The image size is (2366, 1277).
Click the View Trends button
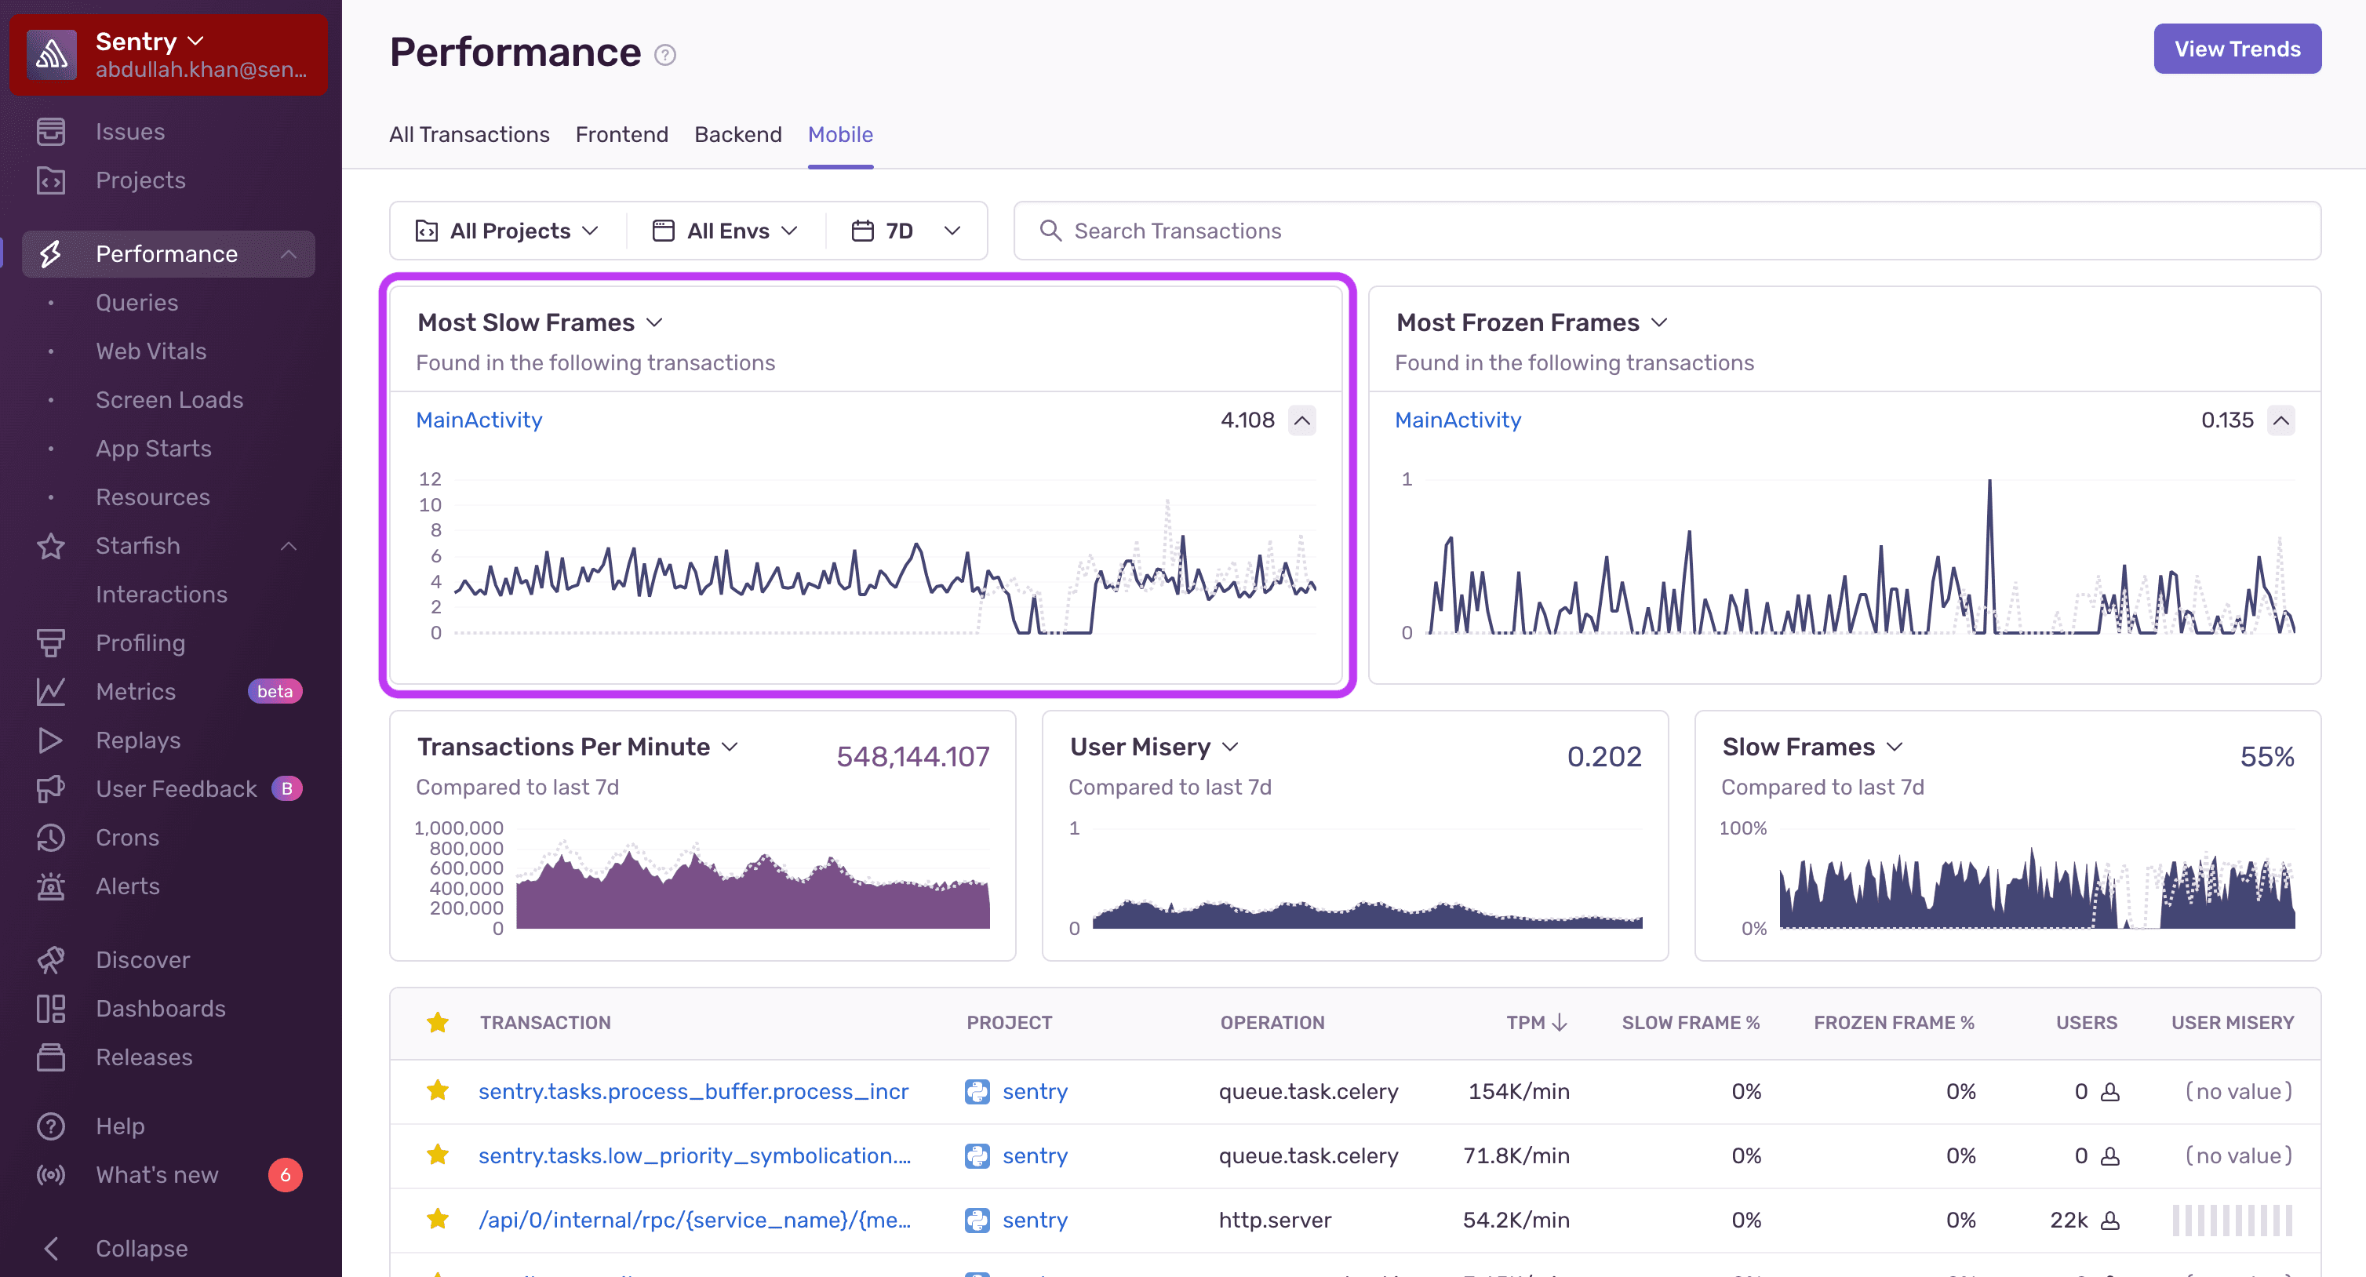click(x=2237, y=49)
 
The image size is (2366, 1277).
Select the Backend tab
click(x=737, y=134)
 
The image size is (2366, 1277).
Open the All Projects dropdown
click(x=507, y=231)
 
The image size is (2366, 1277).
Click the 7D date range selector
click(x=905, y=231)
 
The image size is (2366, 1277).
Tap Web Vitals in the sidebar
click(x=151, y=351)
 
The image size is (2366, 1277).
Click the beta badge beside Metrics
click(x=275, y=691)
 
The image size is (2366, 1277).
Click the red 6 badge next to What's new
click(x=285, y=1174)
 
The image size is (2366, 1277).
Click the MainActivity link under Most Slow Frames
click(x=479, y=420)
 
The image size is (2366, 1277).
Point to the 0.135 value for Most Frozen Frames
click(x=2226, y=420)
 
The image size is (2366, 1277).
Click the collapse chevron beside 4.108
click(x=1301, y=420)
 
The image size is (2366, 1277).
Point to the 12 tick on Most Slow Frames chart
click(x=430, y=478)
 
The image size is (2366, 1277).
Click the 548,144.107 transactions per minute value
click(x=912, y=756)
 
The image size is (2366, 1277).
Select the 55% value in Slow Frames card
click(x=2266, y=756)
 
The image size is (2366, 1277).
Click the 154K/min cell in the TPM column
click(x=1518, y=1090)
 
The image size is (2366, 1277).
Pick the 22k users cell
click(x=2069, y=1219)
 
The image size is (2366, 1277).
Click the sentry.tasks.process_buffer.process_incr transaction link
click(x=693, y=1090)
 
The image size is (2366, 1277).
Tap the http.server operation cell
click(x=1274, y=1219)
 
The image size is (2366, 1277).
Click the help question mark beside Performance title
click(x=665, y=55)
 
